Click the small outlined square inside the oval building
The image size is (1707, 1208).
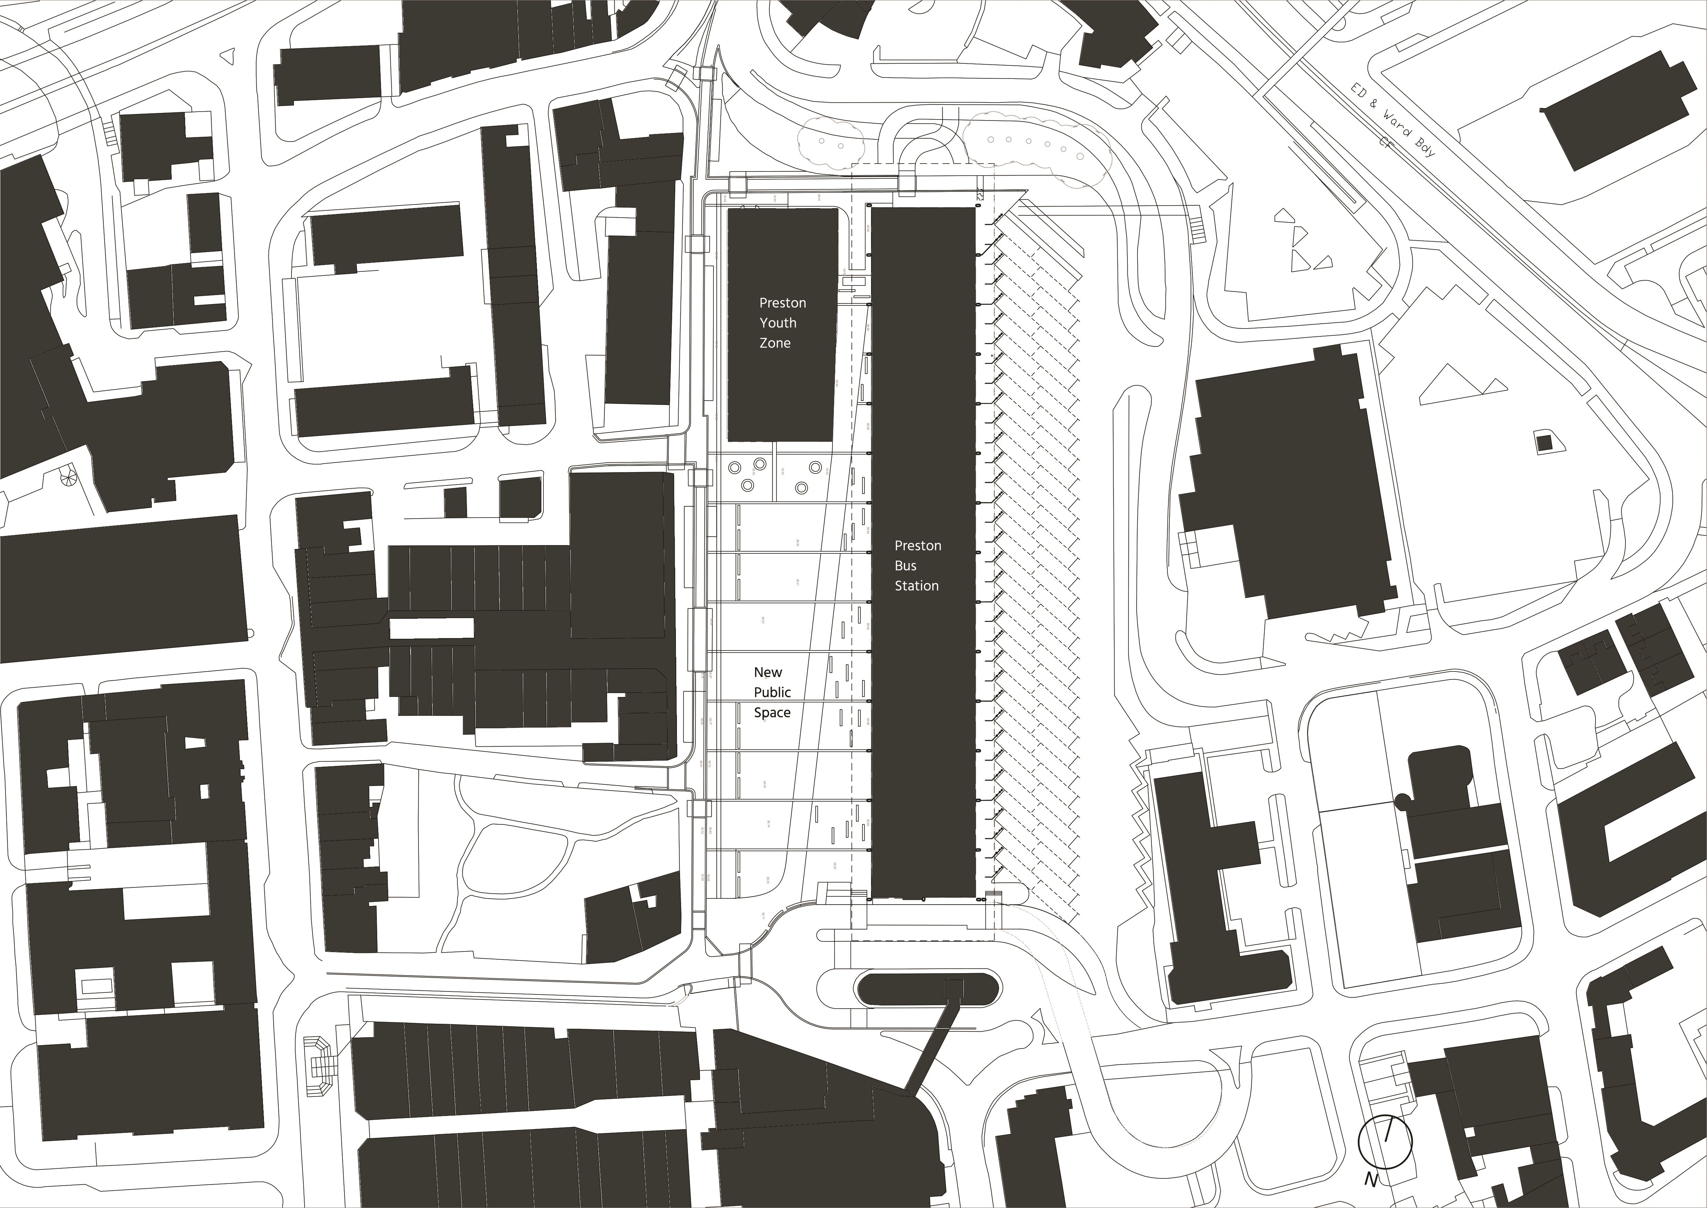point(952,987)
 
